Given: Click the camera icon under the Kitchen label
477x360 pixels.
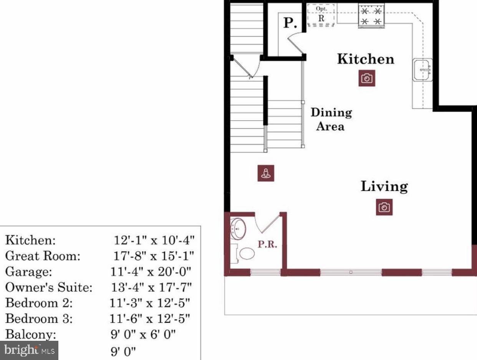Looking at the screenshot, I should coord(367,78).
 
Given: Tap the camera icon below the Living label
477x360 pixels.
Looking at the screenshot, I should coord(384,207).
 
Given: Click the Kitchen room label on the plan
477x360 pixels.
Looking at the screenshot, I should coord(365,59).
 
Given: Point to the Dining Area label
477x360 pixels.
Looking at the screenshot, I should coord(331,119).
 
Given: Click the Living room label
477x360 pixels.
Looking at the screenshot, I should coord(384,186).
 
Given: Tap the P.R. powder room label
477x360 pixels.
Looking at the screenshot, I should coord(267,245).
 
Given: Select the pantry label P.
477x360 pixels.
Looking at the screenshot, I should coord(290,23).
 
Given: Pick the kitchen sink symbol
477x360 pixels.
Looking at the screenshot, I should coord(422,70).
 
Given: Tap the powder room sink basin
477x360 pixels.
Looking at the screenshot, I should coord(238,228).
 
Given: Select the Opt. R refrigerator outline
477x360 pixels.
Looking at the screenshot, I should coord(321,15).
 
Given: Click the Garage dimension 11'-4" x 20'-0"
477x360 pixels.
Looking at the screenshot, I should coord(151,272).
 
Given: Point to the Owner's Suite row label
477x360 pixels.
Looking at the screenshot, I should coord(49,287).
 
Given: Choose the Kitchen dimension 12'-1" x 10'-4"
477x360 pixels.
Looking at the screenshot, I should coord(154,241).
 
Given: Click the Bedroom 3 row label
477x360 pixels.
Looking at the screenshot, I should coord(39,319).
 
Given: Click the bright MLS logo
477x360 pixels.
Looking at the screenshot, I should coord(29,350).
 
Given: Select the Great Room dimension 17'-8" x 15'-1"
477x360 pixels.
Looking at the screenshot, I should coord(154,256).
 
